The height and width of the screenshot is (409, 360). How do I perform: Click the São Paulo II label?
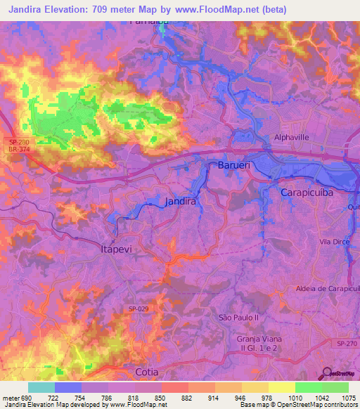pyautogui.click(x=239, y=318)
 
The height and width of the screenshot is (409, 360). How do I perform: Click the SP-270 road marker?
pyautogui.click(x=345, y=342)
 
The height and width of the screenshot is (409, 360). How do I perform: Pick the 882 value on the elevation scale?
pyautogui.click(x=188, y=397)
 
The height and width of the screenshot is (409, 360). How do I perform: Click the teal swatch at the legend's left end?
pyautogui.click(x=41, y=387)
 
